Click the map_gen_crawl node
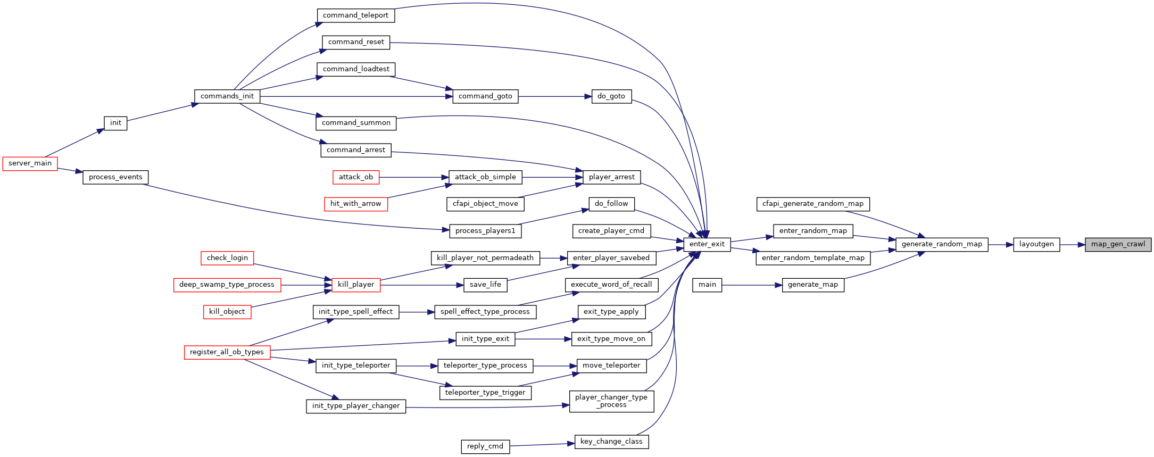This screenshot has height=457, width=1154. click(x=1118, y=245)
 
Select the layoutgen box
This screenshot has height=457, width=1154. click(x=1036, y=245)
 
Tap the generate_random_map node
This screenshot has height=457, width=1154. click(x=942, y=245)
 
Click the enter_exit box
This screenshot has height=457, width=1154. click(x=707, y=245)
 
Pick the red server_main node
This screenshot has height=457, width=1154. click(x=30, y=163)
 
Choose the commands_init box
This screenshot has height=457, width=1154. click(x=227, y=96)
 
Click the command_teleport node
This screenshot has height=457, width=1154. click(x=355, y=15)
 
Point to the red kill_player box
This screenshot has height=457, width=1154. click(x=356, y=285)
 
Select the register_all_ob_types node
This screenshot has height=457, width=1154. click(x=227, y=352)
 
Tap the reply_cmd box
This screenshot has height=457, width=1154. click(x=485, y=446)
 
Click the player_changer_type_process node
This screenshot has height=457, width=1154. click(x=611, y=401)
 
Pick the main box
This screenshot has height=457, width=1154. click(x=707, y=285)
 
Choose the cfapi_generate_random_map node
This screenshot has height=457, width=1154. click(x=813, y=204)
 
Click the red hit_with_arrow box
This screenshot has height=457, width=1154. click(x=356, y=204)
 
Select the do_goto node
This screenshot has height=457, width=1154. click(x=611, y=96)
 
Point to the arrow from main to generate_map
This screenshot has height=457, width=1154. click(x=752, y=285)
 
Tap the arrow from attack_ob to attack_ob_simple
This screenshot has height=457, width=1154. click(x=414, y=177)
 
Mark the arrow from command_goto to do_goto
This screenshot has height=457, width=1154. click(x=554, y=96)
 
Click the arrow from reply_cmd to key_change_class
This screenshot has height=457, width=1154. click(x=542, y=444)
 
